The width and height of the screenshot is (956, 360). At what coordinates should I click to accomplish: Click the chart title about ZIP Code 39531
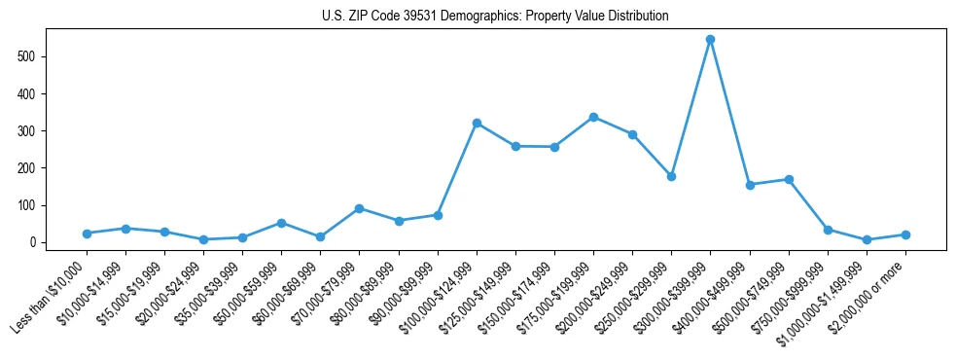(495, 17)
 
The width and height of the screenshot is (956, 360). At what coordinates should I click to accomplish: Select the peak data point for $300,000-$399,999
(710, 40)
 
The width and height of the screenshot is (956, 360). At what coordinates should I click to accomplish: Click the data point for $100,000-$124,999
(477, 124)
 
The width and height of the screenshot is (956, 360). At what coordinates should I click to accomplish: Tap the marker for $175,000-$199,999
(593, 117)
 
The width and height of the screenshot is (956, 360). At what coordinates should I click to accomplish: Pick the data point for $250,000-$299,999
(671, 177)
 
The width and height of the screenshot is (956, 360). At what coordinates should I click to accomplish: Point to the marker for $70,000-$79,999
(359, 208)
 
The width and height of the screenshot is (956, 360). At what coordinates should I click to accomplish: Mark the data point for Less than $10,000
(87, 234)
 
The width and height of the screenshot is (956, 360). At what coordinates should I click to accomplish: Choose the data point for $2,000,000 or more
(905, 234)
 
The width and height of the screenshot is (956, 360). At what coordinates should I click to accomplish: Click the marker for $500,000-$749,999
(789, 179)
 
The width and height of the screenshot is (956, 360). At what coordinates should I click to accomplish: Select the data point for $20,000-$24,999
(203, 239)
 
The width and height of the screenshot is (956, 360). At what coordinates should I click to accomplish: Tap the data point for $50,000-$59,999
(281, 223)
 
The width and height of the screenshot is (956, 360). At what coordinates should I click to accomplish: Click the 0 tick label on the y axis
(35, 242)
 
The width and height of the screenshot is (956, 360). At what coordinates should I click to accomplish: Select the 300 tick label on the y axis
(29, 131)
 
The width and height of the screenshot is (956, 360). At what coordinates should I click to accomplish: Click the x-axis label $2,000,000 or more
(871, 291)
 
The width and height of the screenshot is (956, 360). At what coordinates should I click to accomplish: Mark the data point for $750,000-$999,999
(828, 230)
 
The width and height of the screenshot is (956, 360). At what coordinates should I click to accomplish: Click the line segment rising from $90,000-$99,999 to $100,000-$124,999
(457, 169)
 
